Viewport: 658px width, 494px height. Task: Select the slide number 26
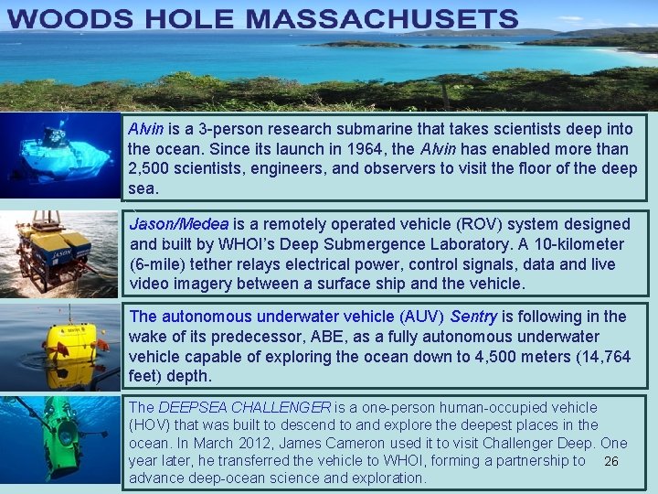[611, 461]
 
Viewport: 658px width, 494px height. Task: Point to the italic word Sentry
[473, 317]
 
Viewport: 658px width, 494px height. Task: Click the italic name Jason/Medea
[179, 224]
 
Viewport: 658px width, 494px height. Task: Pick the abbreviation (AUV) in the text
[421, 317]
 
